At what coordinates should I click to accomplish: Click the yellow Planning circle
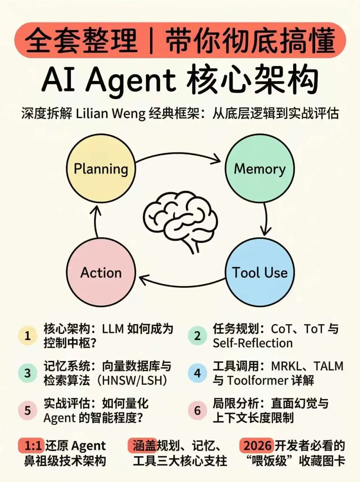point(101,169)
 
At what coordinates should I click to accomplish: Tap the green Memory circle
point(260,169)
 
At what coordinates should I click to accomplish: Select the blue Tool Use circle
point(260,272)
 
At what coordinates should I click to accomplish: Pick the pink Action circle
point(101,272)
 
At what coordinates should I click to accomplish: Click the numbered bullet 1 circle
point(28,335)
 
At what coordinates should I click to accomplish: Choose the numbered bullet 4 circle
point(197,373)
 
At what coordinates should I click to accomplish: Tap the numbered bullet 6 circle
point(197,410)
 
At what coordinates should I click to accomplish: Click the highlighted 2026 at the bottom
point(257,446)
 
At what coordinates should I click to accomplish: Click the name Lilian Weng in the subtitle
point(111,114)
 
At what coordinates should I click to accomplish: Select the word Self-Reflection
point(253,343)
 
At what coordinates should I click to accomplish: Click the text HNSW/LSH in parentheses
point(132,380)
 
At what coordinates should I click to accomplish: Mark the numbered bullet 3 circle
point(28,373)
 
